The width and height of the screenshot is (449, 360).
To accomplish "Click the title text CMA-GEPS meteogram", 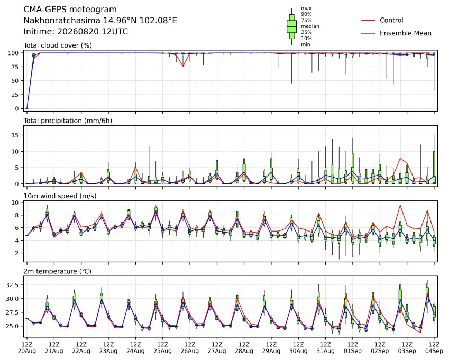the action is tap(70, 10).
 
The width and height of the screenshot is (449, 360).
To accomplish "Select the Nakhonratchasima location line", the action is tap(100, 21).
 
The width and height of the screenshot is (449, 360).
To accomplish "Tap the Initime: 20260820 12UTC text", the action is tap(76, 32).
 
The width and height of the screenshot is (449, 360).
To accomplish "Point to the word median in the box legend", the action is tap(310, 26).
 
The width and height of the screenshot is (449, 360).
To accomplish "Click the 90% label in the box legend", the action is tap(306, 14).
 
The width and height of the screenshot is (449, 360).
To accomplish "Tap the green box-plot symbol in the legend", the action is tap(291, 26).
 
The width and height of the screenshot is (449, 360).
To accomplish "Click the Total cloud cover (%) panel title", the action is tap(58, 45).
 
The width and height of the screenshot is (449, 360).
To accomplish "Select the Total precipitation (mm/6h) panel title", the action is tap(68, 121).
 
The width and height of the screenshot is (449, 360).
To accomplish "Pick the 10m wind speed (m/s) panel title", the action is tap(60, 196).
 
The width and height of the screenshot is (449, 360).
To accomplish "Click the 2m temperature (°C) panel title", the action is tap(57, 271).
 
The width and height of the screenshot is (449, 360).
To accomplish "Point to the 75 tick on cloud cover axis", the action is tap(15, 67).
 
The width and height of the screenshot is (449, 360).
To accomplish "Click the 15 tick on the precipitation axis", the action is tap(15, 135).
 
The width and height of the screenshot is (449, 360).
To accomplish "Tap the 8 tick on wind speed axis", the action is tap(17, 215).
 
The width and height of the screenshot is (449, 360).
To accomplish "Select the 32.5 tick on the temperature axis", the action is tap(13, 285).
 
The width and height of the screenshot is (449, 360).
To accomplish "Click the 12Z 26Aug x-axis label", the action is tap(189, 348).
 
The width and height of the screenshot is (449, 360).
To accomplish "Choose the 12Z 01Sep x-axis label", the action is tap(353, 348).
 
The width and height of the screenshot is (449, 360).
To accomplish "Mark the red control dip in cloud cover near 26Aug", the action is tap(183, 66).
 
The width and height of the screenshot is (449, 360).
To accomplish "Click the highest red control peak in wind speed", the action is tap(400, 205).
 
